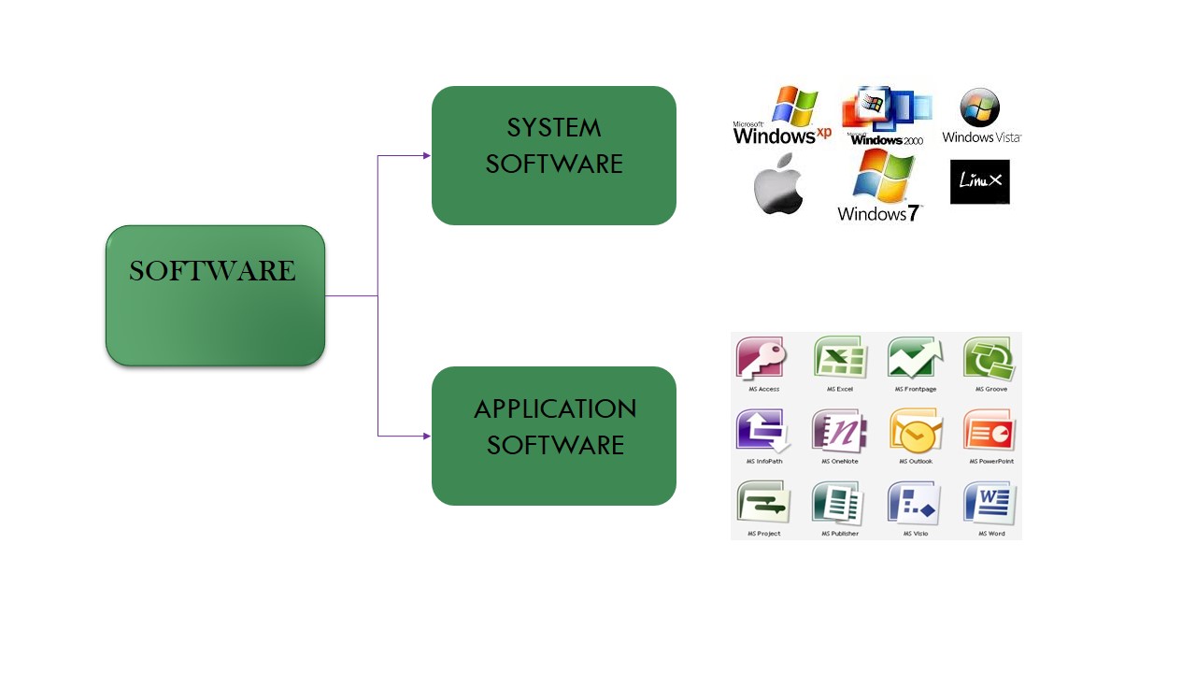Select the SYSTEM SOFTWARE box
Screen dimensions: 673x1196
coord(553,155)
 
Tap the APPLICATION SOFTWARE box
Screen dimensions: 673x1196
coord(553,436)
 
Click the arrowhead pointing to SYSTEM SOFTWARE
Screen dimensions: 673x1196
coord(427,155)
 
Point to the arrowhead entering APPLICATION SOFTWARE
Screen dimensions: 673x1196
coord(427,436)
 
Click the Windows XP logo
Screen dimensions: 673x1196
coord(781,117)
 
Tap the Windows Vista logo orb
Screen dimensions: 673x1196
coord(980,108)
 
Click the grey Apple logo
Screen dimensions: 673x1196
coord(778,184)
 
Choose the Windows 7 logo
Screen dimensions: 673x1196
coord(880,186)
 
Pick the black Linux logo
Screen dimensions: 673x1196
coord(979,181)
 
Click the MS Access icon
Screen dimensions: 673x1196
coord(762,359)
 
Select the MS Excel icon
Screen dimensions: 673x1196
coord(839,359)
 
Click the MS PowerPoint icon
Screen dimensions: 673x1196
coord(990,432)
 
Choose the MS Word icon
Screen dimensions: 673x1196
coord(990,504)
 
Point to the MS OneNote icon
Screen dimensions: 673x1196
coord(839,432)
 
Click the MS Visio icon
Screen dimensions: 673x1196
coord(915,504)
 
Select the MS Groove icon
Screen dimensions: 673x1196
coord(990,359)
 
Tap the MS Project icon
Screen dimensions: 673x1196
coord(762,504)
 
